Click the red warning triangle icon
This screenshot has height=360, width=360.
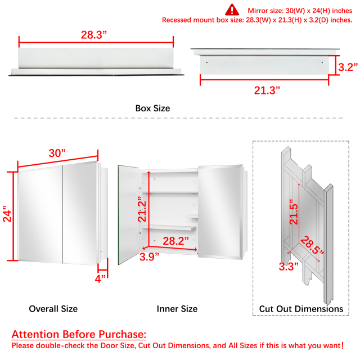[x=232, y=10]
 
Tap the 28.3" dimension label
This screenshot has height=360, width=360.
[x=94, y=35]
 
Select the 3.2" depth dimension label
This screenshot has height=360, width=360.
[x=348, y=67]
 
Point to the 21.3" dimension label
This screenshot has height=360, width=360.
[x=267, y=90]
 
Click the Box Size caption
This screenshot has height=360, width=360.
[x=152, y=109]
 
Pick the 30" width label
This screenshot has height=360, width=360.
[x=57, y=153]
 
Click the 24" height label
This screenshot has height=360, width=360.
[x=7, y=214]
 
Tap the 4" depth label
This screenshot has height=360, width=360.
[x=100, y=279]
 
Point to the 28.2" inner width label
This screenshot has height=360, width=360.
[x=176, y=241]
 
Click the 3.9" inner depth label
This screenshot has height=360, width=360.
[x=149, y=256]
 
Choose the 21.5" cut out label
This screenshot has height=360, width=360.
[x=294, y=212]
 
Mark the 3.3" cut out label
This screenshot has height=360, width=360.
[x=289, y=267]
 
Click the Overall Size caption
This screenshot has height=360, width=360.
[x=53, y=309]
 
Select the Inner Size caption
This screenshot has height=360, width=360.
[x=177, y=309]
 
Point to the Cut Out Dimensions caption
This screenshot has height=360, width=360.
[x=301, y=309]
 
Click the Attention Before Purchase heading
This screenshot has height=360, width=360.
[x=79, y=334]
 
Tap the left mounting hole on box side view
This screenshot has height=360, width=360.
[x=207, y=62]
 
